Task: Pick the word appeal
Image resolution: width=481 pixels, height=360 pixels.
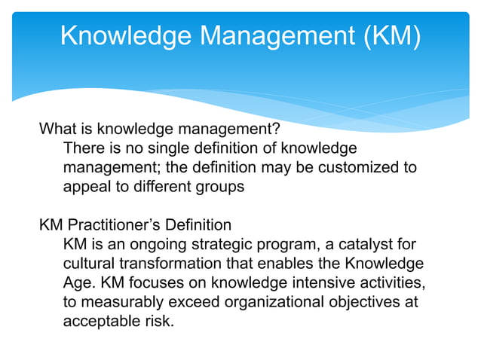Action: pos(87,187)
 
